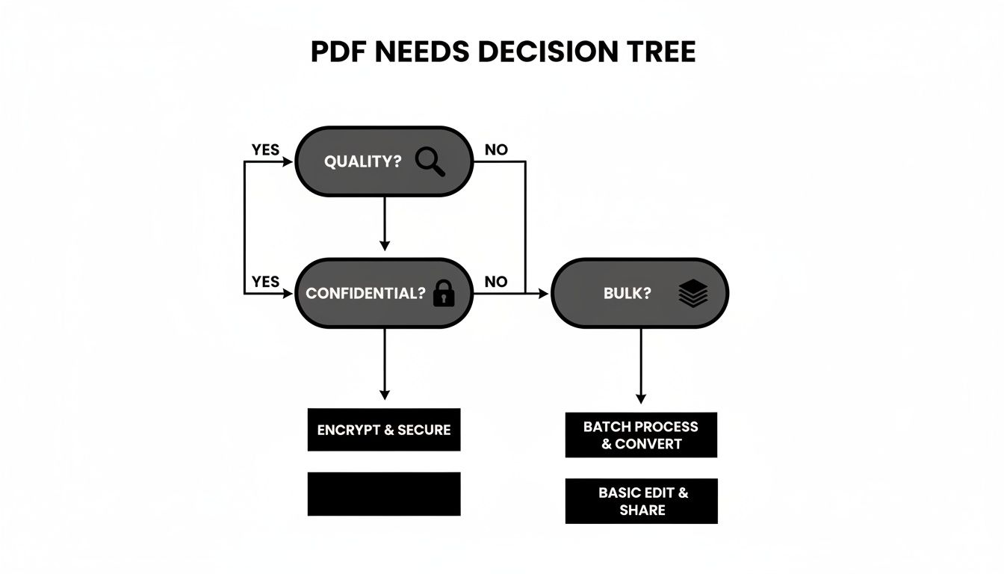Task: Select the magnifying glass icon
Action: pos(430,162)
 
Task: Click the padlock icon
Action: pos(444,293)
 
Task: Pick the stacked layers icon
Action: pos(693,293)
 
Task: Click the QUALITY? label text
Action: pos(362,161)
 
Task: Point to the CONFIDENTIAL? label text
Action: pos(365,293)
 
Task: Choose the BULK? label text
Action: pos(627,293)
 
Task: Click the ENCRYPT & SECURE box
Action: pos(384,430)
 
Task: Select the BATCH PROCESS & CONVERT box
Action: pos(642,435)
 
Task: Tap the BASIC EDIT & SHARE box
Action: pos(642,502)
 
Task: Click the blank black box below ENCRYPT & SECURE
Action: pos(384,494)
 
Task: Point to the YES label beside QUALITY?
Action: pos(265,149)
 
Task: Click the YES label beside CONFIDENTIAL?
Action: pos(265,282)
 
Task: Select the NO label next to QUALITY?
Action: pos(496,149)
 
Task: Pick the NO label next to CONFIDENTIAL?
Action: pos(496,282)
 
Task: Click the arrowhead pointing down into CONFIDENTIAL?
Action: pos(385,246)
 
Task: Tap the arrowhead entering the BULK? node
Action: pos(543,294)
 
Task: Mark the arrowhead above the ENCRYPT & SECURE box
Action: pos(385,395)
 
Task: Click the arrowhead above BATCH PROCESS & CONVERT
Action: pos(641,398)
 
